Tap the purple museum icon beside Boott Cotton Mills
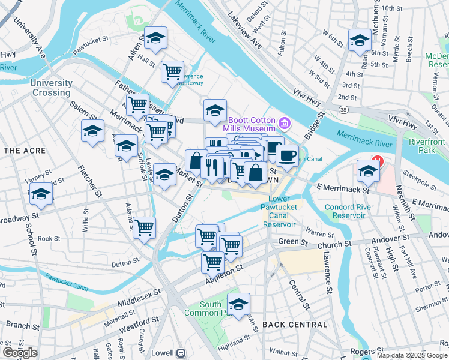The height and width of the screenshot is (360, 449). [285, 124]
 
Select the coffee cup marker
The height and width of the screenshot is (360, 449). [287, 155]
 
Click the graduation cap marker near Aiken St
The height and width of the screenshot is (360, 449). [156, 40]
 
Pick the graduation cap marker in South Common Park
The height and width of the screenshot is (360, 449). [238, 303]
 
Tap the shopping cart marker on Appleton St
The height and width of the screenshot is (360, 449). [212, 262]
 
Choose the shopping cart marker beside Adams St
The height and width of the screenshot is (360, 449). [144, 228]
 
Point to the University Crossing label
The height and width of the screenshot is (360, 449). [51, 88]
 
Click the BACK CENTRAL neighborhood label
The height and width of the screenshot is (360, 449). [295, 325]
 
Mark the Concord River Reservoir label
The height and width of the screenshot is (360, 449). [349, 211]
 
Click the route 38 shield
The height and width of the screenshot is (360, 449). [343, 110]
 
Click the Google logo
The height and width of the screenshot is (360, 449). [20, 353]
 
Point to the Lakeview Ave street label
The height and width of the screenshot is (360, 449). [245, 33]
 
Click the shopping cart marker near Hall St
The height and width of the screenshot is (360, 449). [173, 71]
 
